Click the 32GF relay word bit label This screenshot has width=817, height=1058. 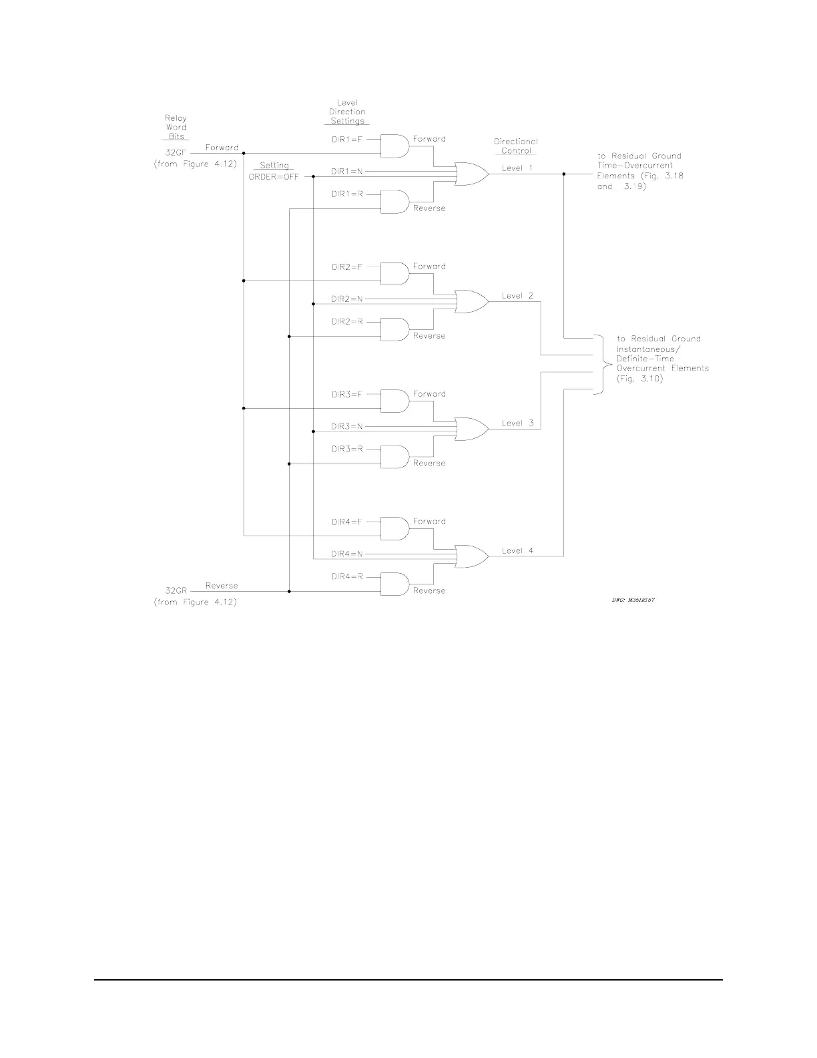click(176, 152)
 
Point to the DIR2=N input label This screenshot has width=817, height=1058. click(347, 299)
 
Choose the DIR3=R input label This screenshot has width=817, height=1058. click(347, 449)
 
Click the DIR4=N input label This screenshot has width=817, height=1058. click(347, 554)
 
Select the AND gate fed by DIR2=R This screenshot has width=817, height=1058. click(394, 329)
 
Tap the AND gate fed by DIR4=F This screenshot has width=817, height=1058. click(394, 528)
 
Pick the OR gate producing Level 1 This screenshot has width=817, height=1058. click(471, 174)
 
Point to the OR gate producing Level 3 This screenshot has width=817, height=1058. click(471, 429)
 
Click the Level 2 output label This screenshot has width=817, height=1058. click(517, 296)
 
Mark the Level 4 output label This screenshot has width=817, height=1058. click(517, 551)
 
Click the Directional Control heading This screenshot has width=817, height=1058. click(516, 146)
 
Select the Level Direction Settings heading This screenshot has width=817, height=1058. click(348, 112)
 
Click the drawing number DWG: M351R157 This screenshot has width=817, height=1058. click(633, 600)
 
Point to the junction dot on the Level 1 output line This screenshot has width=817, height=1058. click(564, 174)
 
